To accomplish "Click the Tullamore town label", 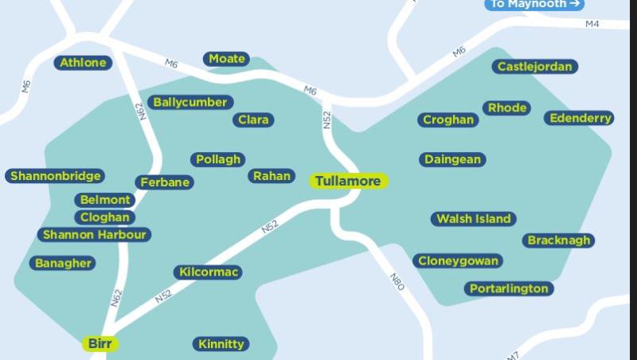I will coord(348,182).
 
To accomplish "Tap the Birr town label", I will coord(100,344).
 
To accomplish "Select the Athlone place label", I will coord(83,62).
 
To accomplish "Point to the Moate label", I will coord(227,59).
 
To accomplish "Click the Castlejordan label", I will coord(535,67).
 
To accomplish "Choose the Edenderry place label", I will coord(580,118).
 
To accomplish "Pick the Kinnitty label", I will coord(221,344).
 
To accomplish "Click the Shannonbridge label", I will coord(55,176).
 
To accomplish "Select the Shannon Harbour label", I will coord(94,235).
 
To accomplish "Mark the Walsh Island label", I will coord(474,219).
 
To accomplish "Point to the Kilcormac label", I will coord(208,272).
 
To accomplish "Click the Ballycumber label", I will coord(190,102).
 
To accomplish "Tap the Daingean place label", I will coord(452,159).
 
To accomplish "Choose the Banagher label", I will coord(63,263).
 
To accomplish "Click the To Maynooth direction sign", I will coord(534,4).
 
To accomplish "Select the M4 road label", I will coord(592,24).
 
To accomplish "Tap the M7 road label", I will coord(512,355).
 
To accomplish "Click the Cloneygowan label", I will coord(458,260).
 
